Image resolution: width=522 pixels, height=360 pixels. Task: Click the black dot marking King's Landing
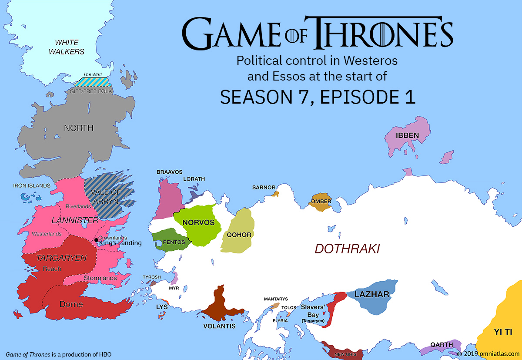(96, 240)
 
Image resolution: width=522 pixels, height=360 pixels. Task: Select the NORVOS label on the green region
(198, 222)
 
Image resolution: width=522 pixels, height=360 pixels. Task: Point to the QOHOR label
(239, 235)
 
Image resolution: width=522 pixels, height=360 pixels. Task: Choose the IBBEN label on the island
(407, 135)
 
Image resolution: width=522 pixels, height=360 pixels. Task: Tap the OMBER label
(321, 202)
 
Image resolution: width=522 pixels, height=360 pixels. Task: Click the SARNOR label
(264, 188)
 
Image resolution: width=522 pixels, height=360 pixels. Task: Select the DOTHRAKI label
(347, 249)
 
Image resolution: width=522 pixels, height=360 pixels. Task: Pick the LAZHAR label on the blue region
(371, 294)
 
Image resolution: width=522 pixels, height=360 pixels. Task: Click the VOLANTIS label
(220, 326)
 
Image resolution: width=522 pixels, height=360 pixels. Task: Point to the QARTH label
(442, 345)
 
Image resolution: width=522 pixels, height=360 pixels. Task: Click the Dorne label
(71, 304)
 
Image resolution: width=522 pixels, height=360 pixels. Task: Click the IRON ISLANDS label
(31, 185)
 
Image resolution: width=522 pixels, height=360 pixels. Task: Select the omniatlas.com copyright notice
(489, 354)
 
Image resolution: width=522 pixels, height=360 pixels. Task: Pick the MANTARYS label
(276, 299)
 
